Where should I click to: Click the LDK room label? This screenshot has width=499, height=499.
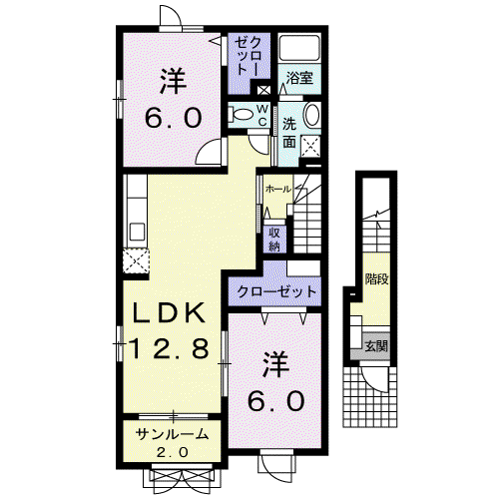coord(170,312)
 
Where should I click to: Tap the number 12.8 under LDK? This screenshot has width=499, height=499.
coord(169,348)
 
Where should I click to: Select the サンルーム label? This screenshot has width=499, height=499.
coord(173,434)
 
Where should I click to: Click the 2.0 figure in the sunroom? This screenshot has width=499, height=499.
coord(173,452)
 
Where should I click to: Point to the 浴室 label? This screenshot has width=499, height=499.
coord(299,78)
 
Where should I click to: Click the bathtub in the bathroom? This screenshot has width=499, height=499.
coord(299,48)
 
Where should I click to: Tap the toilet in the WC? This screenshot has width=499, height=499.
coord(243,114)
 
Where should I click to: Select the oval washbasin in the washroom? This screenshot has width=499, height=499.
coord(312,115)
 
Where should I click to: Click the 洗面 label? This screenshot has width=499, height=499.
coord(289,133)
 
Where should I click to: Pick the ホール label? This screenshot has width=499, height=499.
coord(277,190)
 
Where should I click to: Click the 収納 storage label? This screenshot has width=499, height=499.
coord(274,240)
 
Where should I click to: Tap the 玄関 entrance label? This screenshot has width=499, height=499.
coord(376,346)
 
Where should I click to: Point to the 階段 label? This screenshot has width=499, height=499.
coord(377,278)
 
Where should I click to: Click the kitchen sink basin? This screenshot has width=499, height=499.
coord(137,232)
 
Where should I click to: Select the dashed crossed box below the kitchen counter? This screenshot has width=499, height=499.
coord(136,261)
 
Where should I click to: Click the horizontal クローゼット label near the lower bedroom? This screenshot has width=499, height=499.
coord(276,291)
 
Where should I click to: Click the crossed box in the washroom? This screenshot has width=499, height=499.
coord(310,146)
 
